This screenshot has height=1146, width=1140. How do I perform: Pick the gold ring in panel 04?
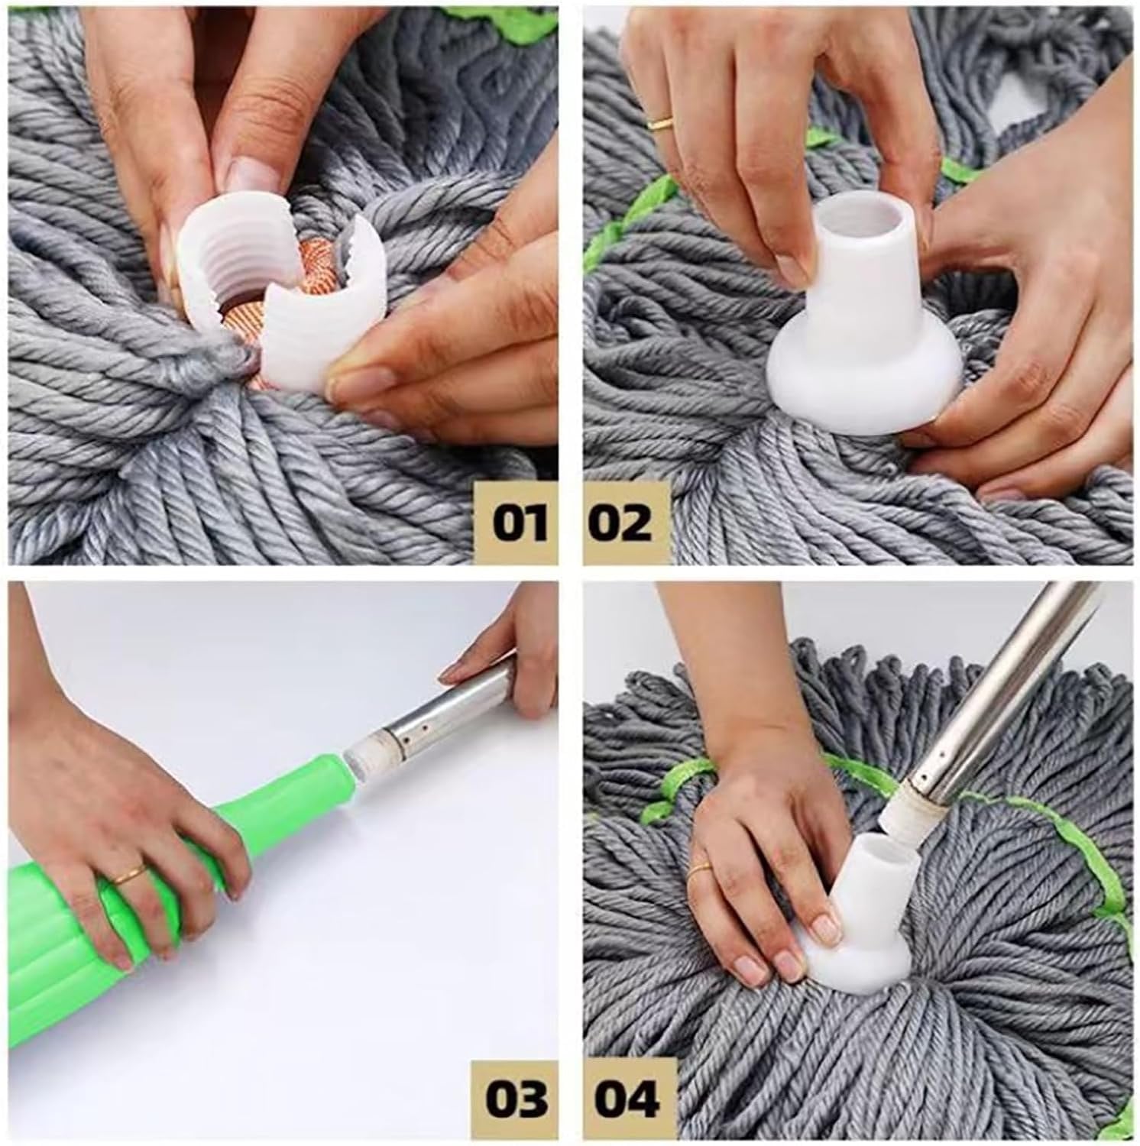699,870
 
